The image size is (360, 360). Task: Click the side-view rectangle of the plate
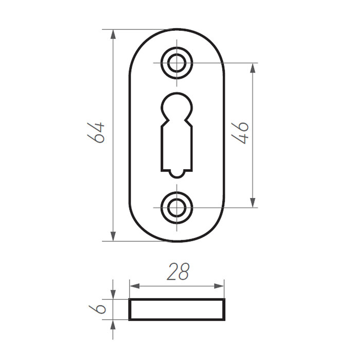click(x=177, y=310)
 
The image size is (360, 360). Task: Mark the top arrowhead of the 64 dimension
click(x=113, y=34)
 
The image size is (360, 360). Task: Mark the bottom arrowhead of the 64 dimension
click(x=113, y=237)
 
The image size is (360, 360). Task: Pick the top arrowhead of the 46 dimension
click(x=253, y=67)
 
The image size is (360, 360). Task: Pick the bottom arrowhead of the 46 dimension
click(x=253, y=203)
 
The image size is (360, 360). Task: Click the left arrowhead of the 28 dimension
click(x=133, y=285)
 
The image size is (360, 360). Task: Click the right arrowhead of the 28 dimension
click(x=221, y=285)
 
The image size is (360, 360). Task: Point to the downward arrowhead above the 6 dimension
click(x=113, y=295)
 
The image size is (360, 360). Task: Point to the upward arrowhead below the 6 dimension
click(x=113, y=325)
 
